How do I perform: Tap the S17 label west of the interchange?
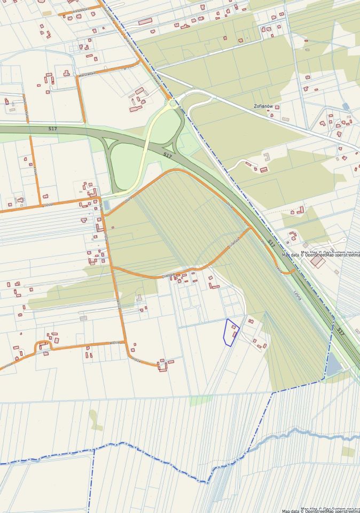click(52, 129)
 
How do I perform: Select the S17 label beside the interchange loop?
click(168, 156)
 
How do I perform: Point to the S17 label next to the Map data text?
click(271, 244)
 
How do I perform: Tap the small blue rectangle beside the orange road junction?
click(106, 206)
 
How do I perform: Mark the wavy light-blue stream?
click(299, 432)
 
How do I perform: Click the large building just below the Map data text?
click(317, 262)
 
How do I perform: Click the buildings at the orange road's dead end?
click(165, 365)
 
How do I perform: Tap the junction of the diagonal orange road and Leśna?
click(249, 229)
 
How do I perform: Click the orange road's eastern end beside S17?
click(293, 273)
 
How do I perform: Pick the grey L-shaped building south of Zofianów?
click(267, 156)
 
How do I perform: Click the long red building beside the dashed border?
click(145, 21)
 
